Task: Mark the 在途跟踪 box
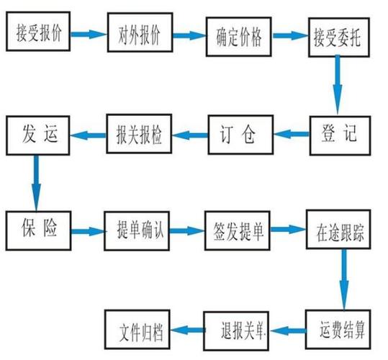coord(338,233)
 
